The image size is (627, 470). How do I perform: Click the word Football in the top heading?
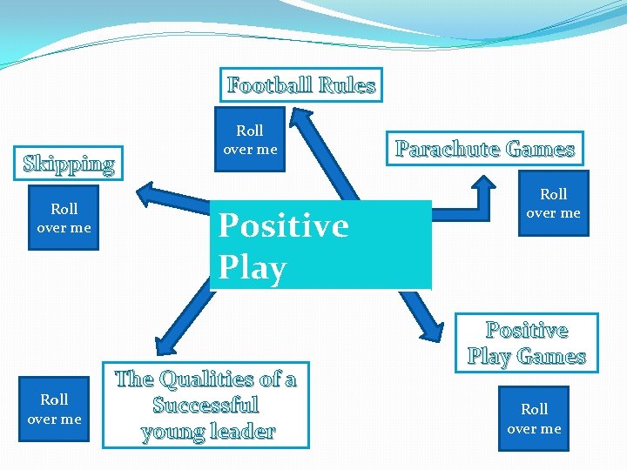[270, 85]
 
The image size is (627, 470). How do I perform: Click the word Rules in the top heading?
[347, 85]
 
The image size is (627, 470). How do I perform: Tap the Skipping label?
[69, 164]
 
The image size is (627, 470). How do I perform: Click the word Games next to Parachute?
[541, 149]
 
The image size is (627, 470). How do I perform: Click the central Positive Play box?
[320, 245]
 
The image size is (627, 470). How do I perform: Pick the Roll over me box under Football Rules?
[250, 140]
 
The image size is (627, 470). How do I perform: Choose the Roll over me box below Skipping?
[64, 218]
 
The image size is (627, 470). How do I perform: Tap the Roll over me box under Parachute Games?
[553, 204]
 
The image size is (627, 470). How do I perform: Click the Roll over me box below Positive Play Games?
[534, 419]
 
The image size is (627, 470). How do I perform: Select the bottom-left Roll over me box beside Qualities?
[54, 409]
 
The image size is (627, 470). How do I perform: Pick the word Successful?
[206, 405]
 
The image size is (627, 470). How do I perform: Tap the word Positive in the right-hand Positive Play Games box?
[527, 331]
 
